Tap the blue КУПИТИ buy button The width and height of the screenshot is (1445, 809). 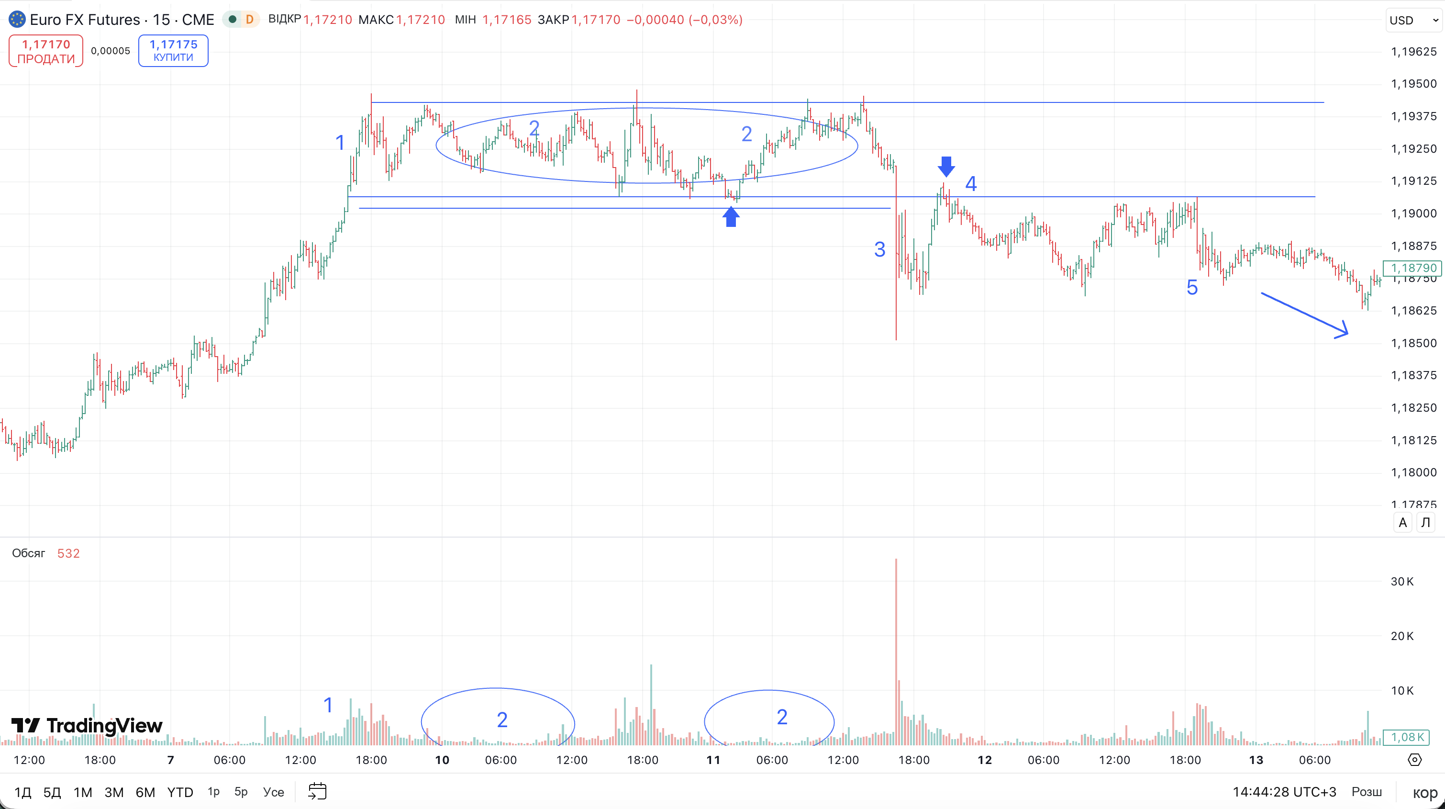click(x=173, y=50)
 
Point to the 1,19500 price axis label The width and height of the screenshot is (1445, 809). click(x=1413, y=84)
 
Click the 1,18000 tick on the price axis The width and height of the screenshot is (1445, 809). click(x=1413, y=472)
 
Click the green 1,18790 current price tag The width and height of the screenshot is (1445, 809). click(x=1412, y=268)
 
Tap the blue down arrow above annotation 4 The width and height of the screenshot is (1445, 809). click(x=946, y=167)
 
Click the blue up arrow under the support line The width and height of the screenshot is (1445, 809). click(x=730, y=216)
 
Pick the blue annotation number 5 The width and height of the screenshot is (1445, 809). click(x=1192, y=288)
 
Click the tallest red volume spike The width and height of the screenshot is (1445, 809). click(x=896, y=652)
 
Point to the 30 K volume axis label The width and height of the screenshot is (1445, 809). click(x=1402, y=582)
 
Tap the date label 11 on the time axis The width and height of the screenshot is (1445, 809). click(x=713, y=760)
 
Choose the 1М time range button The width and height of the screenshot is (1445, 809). click(x=83, y=792)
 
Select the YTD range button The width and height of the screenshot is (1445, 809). click(x=180, y=792)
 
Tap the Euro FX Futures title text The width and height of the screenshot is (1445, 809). click(x=85, y=20)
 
